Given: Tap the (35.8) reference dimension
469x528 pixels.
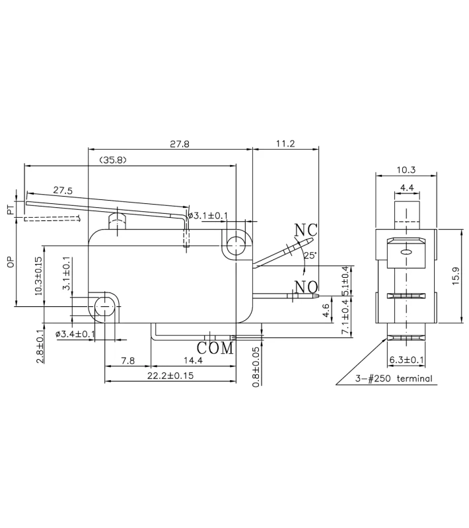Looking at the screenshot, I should coord(112,160).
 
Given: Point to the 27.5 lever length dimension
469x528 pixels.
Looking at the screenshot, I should coord(63,190).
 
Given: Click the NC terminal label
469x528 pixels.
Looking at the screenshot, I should coord(306,230).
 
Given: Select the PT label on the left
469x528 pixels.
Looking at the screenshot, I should coord(11,211).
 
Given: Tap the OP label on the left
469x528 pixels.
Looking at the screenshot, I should coord(11,263).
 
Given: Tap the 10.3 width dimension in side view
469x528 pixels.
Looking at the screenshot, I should coord(406,170).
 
